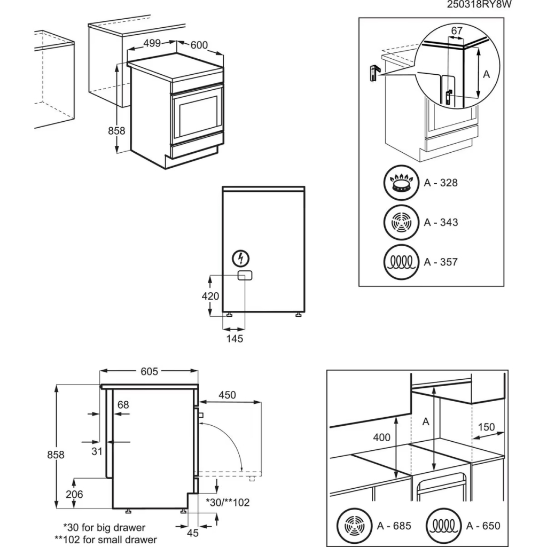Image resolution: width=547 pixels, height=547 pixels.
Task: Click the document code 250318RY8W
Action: [475, 5]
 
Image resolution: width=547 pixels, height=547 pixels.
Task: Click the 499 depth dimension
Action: [152, 44]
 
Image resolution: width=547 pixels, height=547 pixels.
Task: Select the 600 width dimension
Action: [199, 45]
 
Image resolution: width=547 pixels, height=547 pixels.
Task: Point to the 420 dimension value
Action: [210, 296]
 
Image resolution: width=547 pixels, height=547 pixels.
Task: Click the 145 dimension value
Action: [234, 339]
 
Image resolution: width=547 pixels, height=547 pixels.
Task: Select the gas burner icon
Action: [402, 183]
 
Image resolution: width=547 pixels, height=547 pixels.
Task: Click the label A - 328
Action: [441, 183]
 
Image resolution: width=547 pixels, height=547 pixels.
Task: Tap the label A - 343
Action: [441, 222]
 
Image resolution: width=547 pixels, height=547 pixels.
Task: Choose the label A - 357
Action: [441, 262]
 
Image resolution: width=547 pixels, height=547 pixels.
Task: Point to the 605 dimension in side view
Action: [149, 372]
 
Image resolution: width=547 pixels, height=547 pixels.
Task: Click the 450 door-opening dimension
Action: [226, 395]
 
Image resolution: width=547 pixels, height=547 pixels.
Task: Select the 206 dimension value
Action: [74, 495]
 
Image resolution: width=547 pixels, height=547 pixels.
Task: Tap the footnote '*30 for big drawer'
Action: [104, 528]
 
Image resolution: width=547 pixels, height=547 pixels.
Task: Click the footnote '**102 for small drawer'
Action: [106, 539]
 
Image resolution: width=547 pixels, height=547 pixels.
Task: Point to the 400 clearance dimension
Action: [381, 437]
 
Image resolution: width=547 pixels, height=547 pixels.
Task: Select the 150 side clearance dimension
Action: [487, 427]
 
